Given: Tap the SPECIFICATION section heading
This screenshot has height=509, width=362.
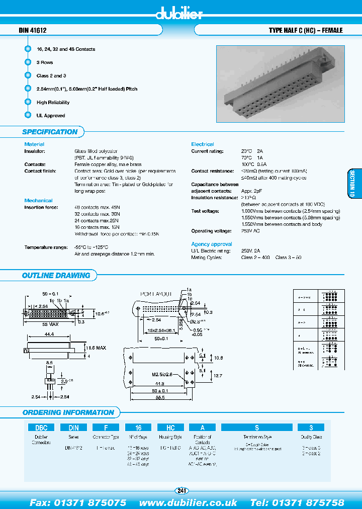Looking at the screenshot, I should point(50,132).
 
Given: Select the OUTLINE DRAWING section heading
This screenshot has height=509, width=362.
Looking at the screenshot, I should point(56,276).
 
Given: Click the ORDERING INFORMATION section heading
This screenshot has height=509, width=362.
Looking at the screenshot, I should point(68,412).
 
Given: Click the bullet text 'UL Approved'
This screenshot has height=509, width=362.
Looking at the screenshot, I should point(51,116).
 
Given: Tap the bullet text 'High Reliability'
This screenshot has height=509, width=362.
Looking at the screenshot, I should point(53,103).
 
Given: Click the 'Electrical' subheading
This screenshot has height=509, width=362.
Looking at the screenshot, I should point(203,144).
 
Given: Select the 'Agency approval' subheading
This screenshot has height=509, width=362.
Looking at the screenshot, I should point(212,244).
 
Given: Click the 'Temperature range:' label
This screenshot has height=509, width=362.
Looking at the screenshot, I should point(46,247).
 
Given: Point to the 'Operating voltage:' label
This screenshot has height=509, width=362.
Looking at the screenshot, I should point(211,231).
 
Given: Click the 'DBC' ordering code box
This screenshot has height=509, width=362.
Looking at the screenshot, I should point(41,428).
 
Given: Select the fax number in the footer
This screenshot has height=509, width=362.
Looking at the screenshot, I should point(78,502).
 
